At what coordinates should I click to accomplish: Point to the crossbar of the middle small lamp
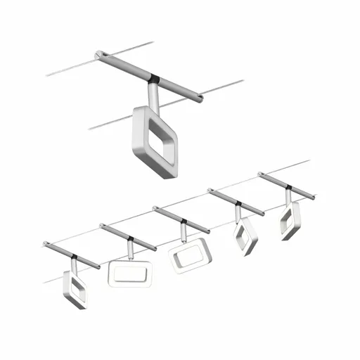pos(181,219)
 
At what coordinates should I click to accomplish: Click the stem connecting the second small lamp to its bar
pos(131,248)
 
